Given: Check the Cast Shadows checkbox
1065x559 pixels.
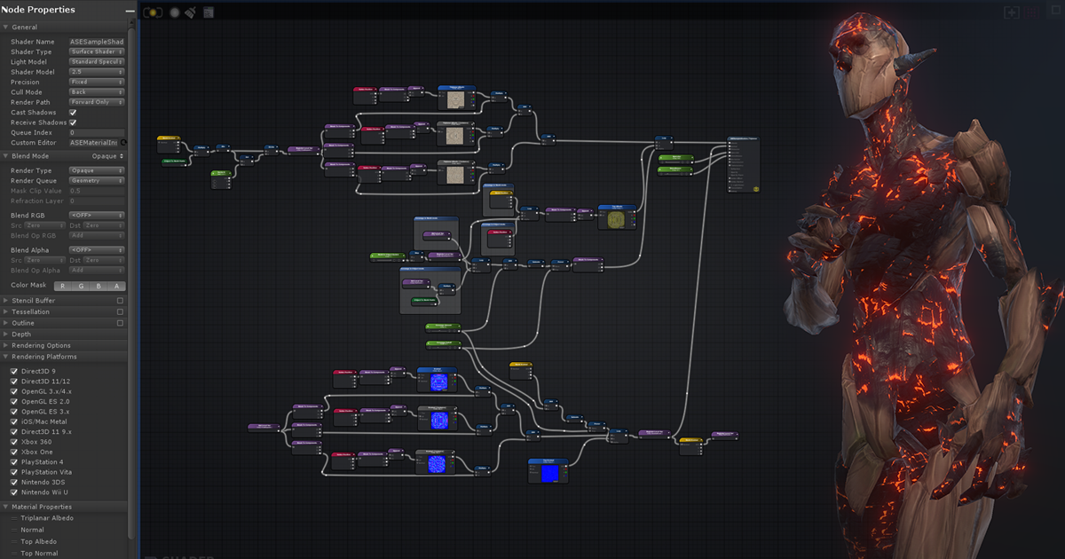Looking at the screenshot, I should [73, 113].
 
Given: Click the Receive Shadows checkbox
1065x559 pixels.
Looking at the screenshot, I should [73, 122].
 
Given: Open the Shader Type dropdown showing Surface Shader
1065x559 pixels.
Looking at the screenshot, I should [97, 51].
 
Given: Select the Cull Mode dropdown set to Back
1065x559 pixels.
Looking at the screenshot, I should [97, 92].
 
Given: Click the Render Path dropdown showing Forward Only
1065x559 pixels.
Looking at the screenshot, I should [97, 102].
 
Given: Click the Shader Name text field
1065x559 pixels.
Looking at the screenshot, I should [97, 42].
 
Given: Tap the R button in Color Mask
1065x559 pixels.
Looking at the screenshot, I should [62, 286].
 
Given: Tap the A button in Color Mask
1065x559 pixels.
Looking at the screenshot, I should [116, 286].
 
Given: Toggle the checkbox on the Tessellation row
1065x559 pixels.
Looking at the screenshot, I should [121, 311].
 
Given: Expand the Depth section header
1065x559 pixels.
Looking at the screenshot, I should [24, 335].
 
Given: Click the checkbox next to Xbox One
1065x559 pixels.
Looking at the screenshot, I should [13, 452].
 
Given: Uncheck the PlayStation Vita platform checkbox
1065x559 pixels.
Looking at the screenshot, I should [13, 472].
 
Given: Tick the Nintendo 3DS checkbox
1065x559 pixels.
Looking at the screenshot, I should [13, 482].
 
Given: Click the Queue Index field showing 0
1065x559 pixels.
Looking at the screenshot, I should [97, 132].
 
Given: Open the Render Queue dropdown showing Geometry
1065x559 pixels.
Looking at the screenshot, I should [97, 180].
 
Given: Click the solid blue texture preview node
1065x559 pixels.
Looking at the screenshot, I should [549, 474].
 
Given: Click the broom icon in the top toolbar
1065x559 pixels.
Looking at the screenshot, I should [190, 12].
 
